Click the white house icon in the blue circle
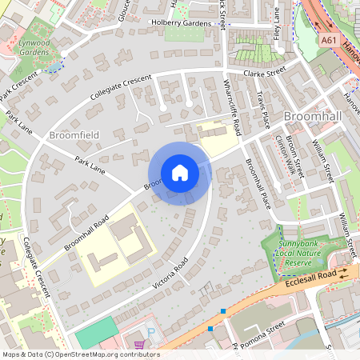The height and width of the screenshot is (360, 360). [180, 173]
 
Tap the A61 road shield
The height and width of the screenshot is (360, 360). [328, 39]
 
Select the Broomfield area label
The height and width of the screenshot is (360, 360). [74, 135]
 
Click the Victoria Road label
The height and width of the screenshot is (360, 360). [171, 274]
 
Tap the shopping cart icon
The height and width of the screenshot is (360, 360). [141, 346]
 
